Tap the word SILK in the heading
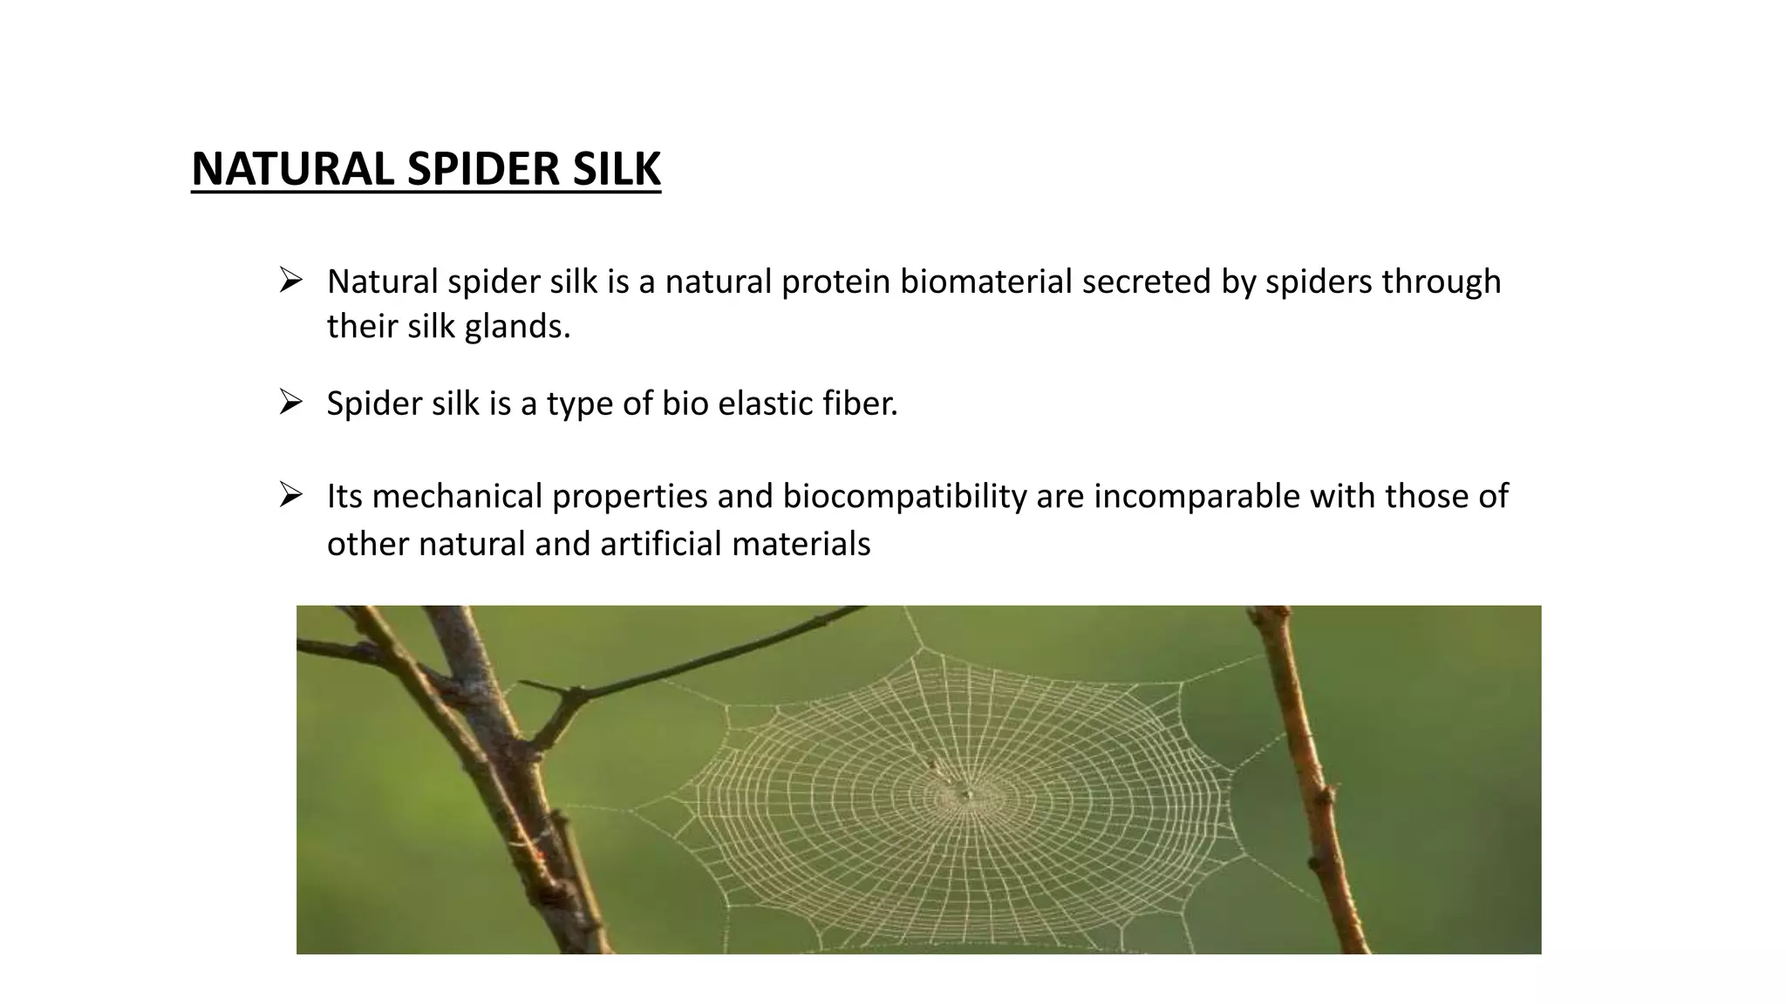coord(616,169)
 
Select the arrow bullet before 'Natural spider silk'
coord(290,281)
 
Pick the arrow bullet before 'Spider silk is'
coord(290,403)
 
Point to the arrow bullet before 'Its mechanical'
coord(290,495)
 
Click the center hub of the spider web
coord(966,794)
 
